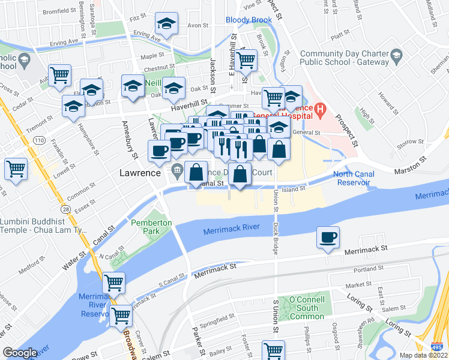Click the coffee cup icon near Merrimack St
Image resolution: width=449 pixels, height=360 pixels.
(x=328, y=238)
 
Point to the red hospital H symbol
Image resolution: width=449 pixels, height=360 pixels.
(x=320, y=110)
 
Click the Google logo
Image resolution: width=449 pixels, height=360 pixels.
(x=20, y=353)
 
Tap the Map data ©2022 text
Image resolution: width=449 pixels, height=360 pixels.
(x=423, y=355)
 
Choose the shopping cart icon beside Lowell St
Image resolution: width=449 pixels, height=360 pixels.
(x=16, y=169)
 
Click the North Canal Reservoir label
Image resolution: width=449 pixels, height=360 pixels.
(x=354, y=178)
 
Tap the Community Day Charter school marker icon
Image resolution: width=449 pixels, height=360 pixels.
(x=396, y=58)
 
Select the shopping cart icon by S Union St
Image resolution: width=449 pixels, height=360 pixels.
(x=273, y=350)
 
